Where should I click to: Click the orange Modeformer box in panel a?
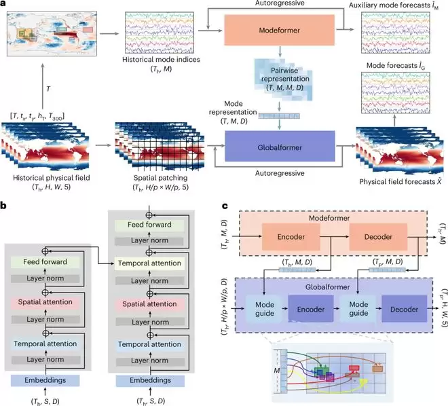[280, 30]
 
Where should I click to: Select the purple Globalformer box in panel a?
[280, 146]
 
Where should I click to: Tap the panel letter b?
[3, 206]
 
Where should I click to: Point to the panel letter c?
[225, 206]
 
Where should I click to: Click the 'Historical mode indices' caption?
[161, 60]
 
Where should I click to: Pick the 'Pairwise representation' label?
[285, 75]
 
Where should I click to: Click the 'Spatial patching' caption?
[161, 178]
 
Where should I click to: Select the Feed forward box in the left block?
[45, 262]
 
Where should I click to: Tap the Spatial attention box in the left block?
[45, 302]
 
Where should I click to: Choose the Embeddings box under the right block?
[150, 381]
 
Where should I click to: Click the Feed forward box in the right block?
[149, 225]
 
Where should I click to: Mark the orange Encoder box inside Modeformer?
[291, 237]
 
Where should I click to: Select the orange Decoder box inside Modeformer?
[378, 237]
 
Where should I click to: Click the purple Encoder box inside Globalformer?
[311, 310]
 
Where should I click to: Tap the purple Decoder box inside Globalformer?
[405, 310]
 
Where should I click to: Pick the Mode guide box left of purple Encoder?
[265, 309]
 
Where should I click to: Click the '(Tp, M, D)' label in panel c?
[388, 261]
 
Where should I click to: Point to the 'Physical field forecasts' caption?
[401, 182]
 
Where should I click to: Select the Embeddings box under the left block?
[45, 381]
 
